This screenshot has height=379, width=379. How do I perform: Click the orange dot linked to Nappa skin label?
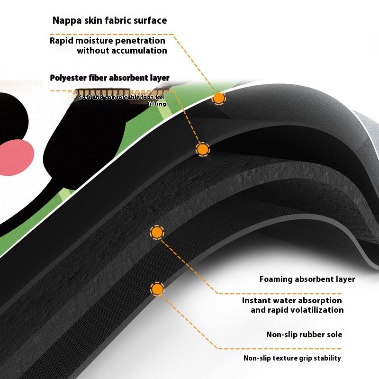pos(218,98)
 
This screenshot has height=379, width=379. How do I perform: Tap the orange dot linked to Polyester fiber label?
pos(203,150)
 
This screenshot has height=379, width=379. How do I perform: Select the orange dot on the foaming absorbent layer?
pos(157,233)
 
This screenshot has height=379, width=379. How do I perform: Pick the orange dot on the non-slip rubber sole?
pos(157,289)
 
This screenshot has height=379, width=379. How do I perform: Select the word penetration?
pos(140,40)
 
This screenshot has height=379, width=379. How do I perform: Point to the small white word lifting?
pos(157,103)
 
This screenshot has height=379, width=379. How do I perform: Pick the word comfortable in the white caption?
pos(119,98)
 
